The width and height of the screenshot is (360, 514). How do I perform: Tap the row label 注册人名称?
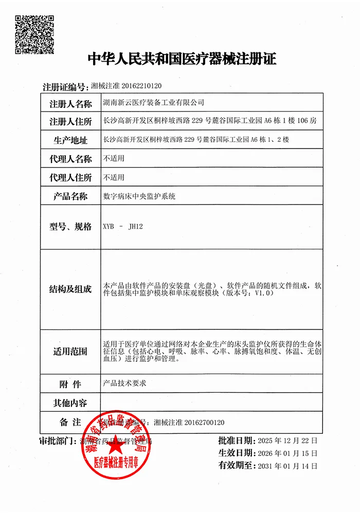tap(70, 103)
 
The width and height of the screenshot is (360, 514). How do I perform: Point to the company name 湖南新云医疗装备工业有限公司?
tap(154, 103)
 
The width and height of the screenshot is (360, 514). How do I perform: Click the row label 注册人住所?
tap(70, 122)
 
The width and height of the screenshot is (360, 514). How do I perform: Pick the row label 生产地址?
tap(70, 140)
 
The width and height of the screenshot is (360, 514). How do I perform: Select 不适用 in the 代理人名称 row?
tap(114, 159)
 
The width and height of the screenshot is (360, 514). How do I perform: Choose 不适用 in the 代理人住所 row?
tap(114, 177)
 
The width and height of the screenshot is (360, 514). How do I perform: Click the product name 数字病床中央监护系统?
tap(139, 196)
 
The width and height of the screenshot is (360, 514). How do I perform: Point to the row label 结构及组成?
tap(70, 289)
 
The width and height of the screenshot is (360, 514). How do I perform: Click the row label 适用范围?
tap(70, 352)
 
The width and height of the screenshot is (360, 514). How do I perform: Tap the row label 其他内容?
tap(70, 402)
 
